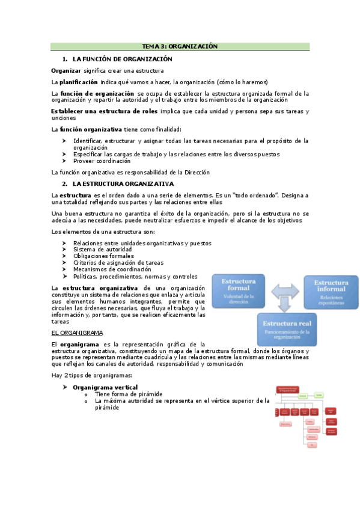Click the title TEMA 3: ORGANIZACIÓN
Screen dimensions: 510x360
pos(179,46)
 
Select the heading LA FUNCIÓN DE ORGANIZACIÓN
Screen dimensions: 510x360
pos(122,59)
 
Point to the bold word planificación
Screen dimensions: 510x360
pos(78,82)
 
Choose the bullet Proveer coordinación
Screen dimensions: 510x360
pos(102,161)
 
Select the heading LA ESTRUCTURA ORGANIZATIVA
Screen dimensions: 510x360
pos(123,183)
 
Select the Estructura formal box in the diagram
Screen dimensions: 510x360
pos(239,290)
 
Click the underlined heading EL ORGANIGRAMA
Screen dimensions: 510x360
pos(77,333)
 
